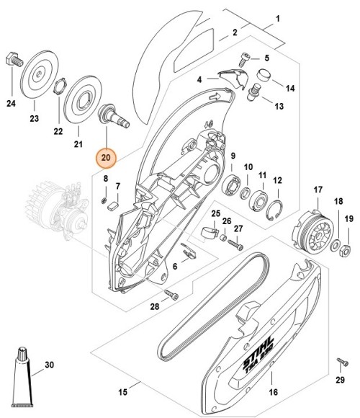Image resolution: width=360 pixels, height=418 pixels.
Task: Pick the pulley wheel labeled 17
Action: [x=315, y=232]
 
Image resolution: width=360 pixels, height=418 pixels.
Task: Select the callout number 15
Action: [x=123, y=392]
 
